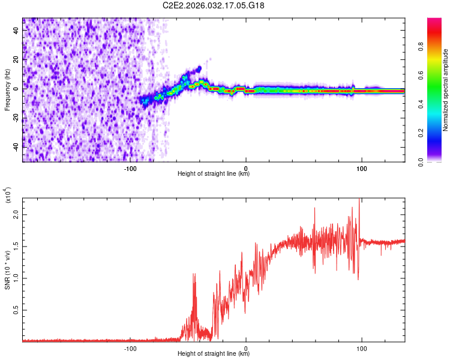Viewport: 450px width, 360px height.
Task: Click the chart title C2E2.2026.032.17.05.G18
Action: tap(214, 5)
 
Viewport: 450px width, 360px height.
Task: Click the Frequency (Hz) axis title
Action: tap(7, 89)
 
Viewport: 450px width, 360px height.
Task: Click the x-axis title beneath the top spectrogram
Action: tap(214, 174)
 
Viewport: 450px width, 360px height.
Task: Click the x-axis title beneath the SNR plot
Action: tap(214, 354)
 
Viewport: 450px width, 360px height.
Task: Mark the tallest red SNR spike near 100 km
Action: tap(359, 200)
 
